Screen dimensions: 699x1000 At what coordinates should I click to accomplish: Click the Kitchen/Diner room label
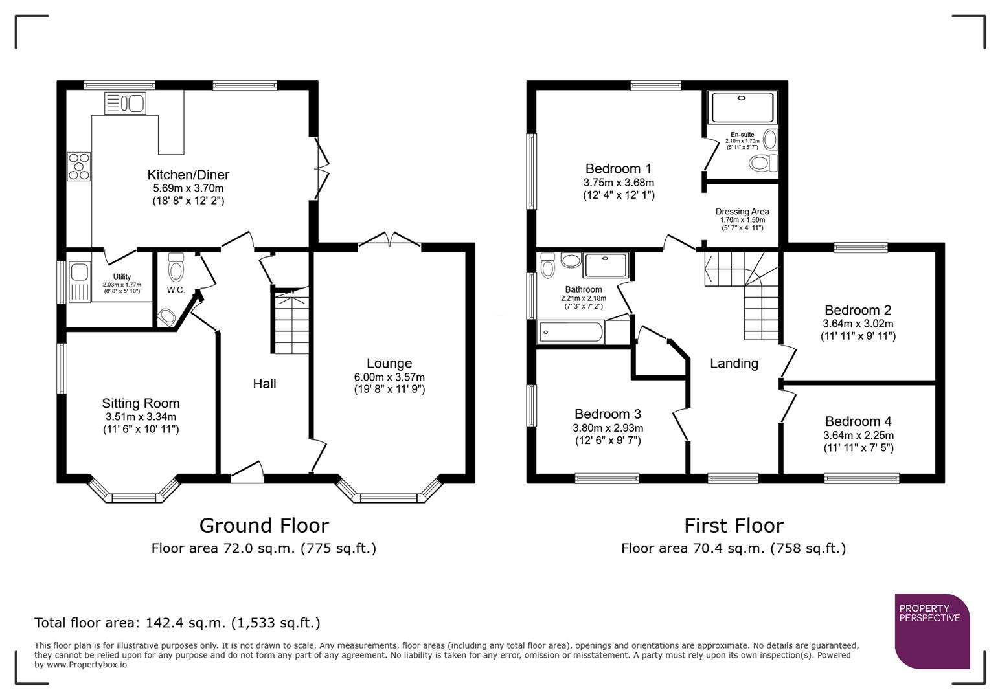188,175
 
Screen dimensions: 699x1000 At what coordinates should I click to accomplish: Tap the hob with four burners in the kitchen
79,166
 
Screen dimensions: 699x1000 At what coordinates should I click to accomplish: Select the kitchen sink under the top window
126,104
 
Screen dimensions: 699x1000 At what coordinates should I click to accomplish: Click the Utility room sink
80,282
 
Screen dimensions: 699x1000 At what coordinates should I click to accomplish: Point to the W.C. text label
176,290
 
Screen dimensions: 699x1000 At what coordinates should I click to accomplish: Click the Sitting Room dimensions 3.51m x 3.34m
141,417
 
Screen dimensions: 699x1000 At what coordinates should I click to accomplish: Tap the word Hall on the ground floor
264,384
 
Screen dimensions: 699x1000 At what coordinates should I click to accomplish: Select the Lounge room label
389,364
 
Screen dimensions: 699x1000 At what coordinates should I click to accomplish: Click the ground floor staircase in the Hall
291,324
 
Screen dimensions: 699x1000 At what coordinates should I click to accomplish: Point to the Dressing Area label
742,212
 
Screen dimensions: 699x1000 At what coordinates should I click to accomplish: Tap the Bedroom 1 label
618,169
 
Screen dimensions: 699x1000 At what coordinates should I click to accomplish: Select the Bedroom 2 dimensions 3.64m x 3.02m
858,324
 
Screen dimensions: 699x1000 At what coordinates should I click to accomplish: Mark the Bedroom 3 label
608,414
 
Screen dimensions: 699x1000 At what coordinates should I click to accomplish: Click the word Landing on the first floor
734,364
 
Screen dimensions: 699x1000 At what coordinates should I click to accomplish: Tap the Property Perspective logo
932,631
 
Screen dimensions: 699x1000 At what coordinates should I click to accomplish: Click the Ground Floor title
264,525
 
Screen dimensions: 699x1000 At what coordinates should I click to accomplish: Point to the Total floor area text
177,623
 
